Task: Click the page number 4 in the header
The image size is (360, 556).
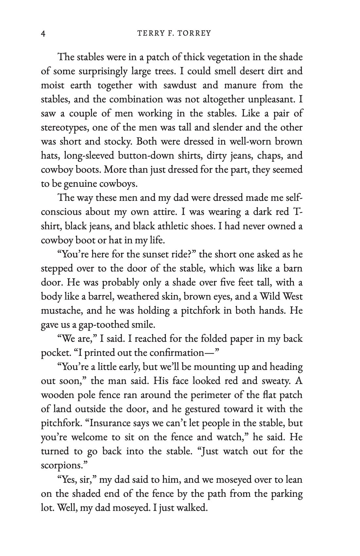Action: (x=43, y=33)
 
